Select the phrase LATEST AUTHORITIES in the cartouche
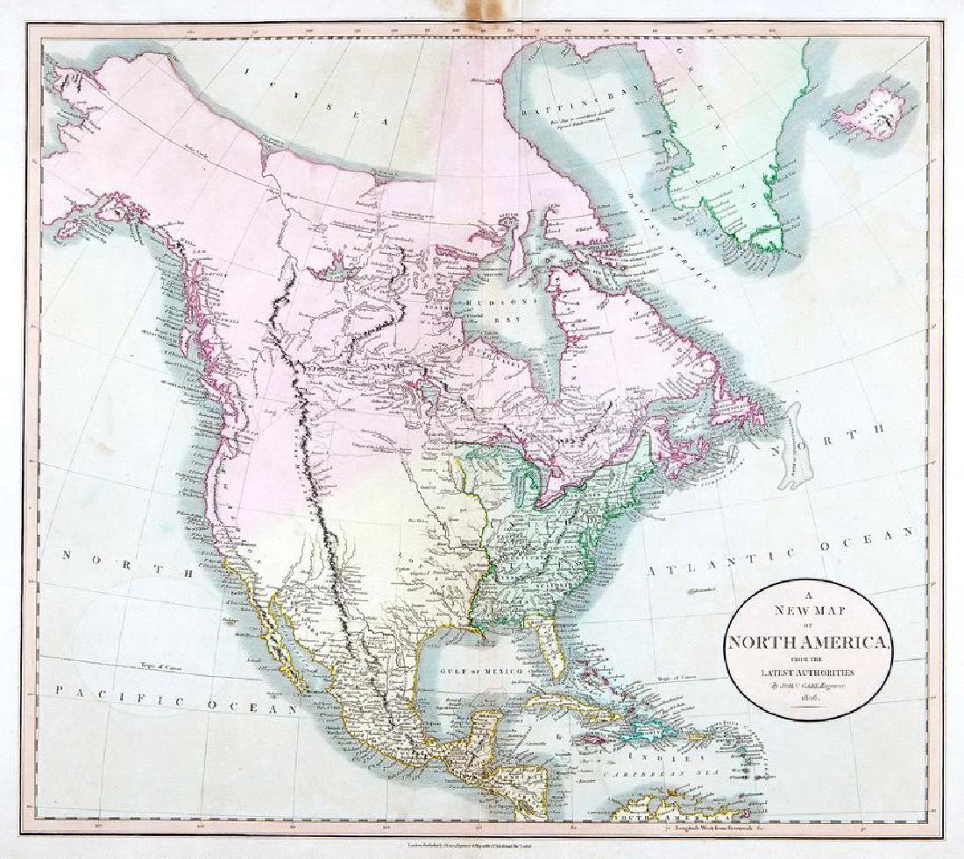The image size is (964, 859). point(805,672)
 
